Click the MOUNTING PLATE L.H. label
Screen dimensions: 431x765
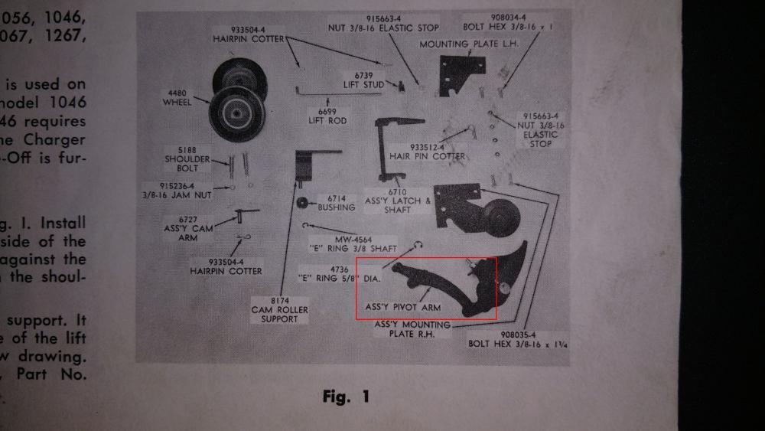pyautogui.click(x=469, y=44)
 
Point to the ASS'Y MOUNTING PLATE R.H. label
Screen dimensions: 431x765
pyautogui.click(x=412, y=328)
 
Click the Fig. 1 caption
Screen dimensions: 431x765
pyautogui.click(x=346, y=397)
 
